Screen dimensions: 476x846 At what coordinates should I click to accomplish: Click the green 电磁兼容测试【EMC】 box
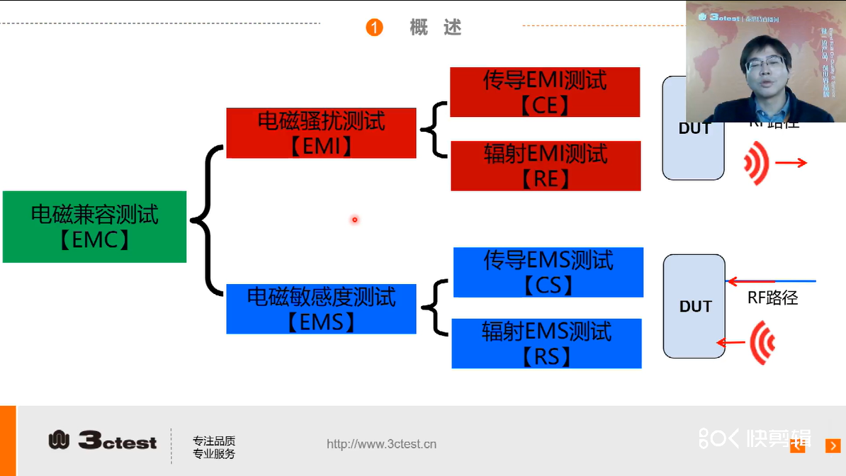coord(94,227)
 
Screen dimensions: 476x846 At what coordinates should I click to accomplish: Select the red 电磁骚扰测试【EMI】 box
coord(321,133)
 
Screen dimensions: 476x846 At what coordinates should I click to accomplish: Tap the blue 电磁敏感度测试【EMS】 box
coord(321,309)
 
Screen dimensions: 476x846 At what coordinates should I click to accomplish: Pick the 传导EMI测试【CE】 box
coord(545,92)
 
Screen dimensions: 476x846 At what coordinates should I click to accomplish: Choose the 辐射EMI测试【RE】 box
coord(546,166)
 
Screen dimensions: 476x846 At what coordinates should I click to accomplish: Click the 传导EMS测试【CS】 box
coord(548,272)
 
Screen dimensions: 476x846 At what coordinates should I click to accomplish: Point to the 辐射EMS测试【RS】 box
coord(546,344)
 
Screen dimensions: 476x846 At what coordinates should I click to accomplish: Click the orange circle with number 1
coord(374,28)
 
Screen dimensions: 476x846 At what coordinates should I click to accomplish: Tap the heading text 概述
coord(435,28)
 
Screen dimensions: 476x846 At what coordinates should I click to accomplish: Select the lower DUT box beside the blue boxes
coord(694,306)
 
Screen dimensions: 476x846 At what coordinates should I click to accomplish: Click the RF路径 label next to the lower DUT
coord(772,298)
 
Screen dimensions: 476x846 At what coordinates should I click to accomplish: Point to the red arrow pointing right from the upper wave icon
coord(791,163)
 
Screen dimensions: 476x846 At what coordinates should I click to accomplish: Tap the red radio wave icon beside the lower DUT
coord(762,343)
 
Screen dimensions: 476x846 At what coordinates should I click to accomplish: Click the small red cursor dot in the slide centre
coord(354,220)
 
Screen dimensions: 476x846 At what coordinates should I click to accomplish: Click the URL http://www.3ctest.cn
coord(381,444)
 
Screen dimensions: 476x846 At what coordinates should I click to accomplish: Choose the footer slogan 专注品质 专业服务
coord(213,448)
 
